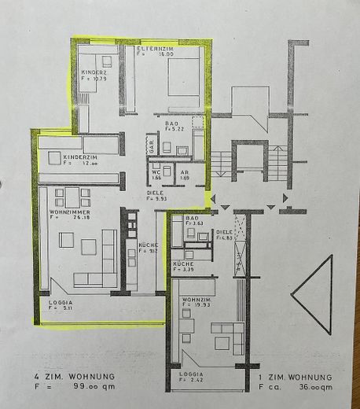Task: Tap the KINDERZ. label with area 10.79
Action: (x=93, y=73)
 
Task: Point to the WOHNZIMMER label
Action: (x=68, y=212)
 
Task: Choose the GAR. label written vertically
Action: (x=151, y=146)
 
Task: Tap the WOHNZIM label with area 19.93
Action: (x=195, y=300)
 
